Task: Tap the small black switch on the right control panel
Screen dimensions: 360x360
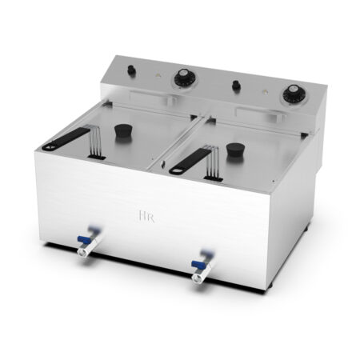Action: click(235, 85)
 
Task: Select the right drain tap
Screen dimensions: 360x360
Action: click(198, 269)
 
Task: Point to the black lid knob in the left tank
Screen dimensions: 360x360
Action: click(123, 130)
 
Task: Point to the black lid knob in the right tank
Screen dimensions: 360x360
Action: click(234, 150)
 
